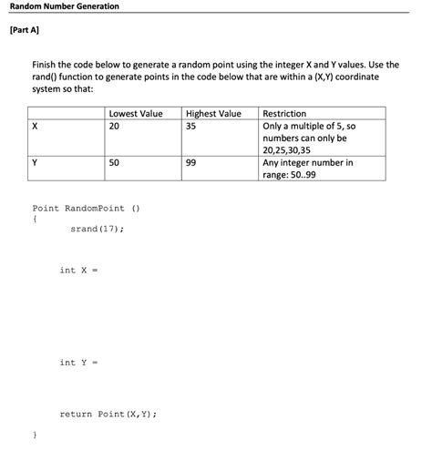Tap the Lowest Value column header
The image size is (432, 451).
coord(136,114)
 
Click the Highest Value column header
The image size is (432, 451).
coord(213,114)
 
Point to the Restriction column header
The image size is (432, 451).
coord(285,114)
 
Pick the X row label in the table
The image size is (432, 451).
coord(36,127)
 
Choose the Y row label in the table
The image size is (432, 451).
coord(36,163)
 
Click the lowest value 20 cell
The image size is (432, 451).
coord(114,127)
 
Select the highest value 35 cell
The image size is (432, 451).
coord(192,127)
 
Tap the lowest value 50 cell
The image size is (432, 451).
coord(114,163)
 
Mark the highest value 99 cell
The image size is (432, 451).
coord(192,163)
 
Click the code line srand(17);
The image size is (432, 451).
coord(97,229)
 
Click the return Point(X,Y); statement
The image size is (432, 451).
coord(108,414)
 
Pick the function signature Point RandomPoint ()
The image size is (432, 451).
coord(86,208)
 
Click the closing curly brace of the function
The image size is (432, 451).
coord(35,436)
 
